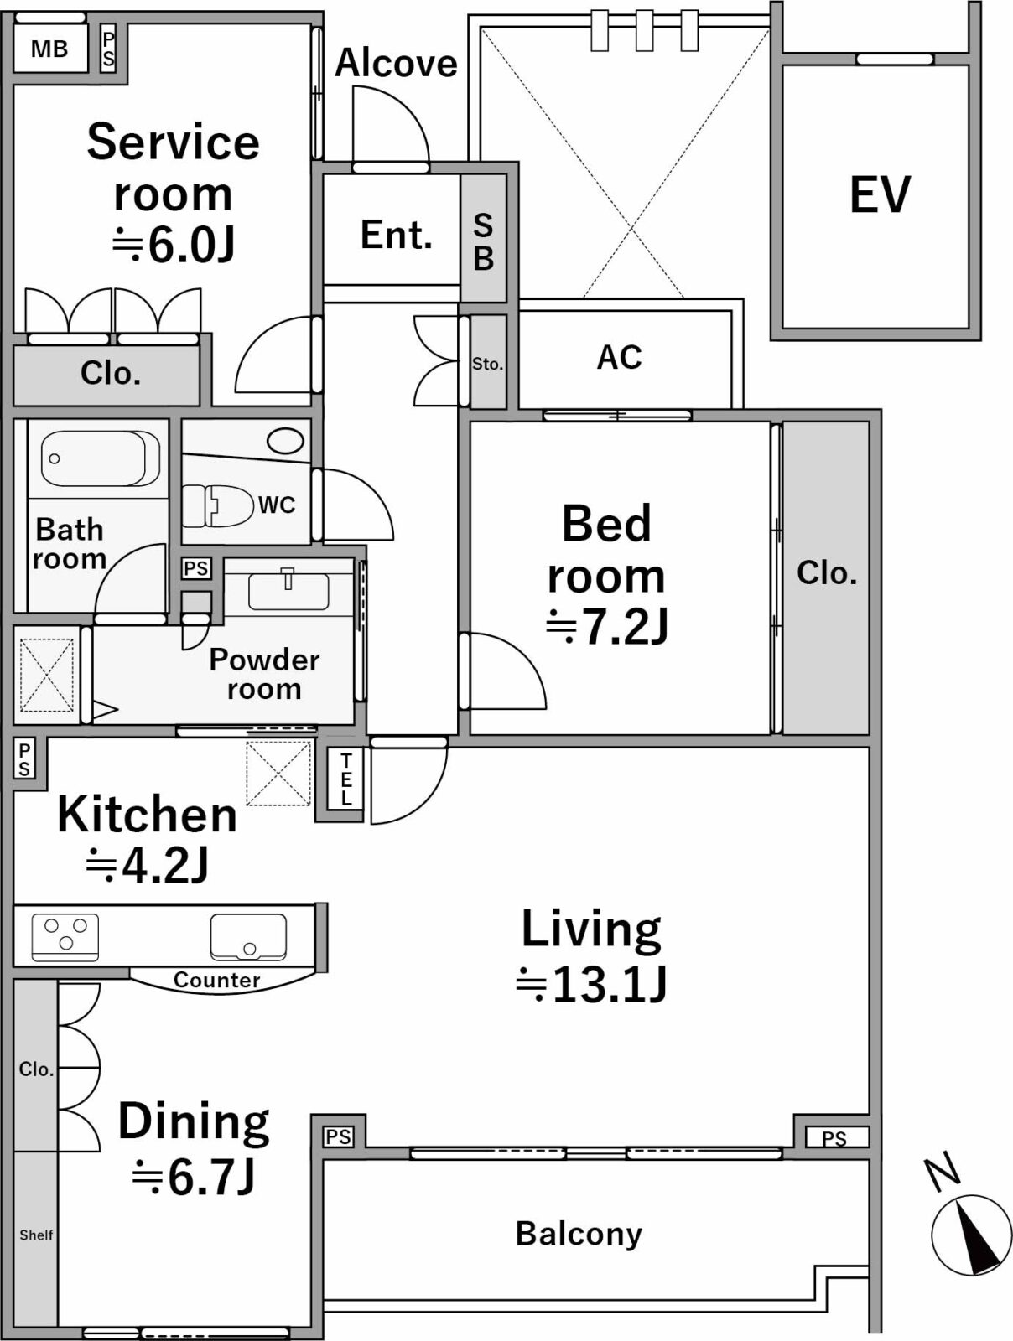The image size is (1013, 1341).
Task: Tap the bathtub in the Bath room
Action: click(x=100, y=458)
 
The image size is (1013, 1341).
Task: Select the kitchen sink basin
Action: click(x=248, y=937)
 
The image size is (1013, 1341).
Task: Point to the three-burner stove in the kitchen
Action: click(x=65, y=937)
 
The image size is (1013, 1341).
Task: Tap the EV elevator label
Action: click(x=880, y=194)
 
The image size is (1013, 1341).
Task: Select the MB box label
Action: click(x=49, y=49)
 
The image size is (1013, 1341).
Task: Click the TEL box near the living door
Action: click(x=345, y=779)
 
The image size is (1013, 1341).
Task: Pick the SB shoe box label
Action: click(x=483, y=241)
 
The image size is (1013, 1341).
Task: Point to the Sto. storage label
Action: click(x=487, y=364)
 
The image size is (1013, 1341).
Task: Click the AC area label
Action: click(x=619, y=357)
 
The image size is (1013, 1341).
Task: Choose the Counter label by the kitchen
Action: click(x=217, y=980)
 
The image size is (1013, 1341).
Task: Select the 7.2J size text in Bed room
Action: click(x=606, y=627)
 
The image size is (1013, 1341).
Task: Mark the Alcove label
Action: click(x=396, y=63)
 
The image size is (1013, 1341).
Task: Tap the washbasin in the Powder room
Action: click(x=288, y=590)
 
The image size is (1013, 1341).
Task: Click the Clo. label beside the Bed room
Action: click(x=827, y=573)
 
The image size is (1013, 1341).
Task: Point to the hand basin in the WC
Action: click(x=285, y=441)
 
